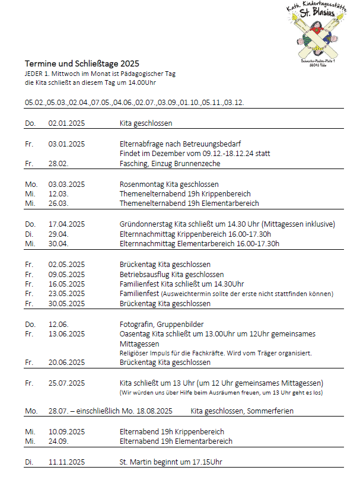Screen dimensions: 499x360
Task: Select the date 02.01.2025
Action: coord(66,123)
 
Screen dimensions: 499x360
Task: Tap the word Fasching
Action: coord(133,163)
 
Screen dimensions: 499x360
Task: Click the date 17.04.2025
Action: coord(66,224)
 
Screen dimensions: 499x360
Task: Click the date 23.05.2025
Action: coord(66,294)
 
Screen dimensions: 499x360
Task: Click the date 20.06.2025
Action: coord(66,362)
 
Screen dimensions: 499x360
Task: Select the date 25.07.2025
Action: coord(66,383)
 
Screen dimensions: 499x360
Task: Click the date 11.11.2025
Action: coord(66,462)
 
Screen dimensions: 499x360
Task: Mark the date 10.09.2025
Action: coord(66,431)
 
